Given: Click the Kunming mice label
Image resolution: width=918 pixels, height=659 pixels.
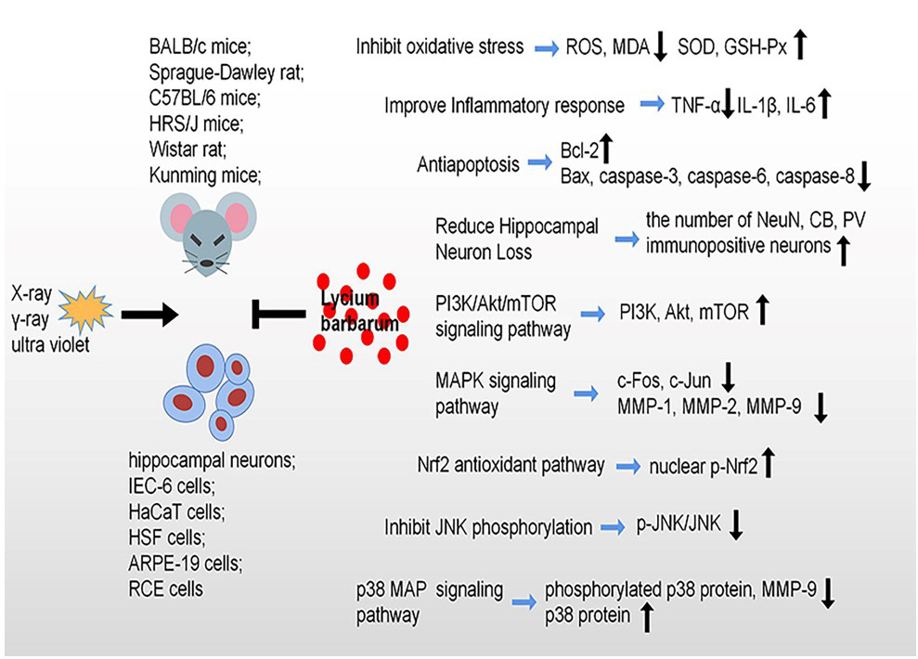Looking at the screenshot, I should click(204, 173).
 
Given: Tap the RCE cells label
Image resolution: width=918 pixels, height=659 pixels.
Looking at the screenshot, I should click(166, 588).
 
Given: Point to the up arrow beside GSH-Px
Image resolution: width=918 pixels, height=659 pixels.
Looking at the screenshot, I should click(803, 44).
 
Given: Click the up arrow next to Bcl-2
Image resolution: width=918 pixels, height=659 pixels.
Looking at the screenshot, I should click(609, 147).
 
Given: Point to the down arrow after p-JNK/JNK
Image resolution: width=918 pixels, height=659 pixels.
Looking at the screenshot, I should click(737, 527).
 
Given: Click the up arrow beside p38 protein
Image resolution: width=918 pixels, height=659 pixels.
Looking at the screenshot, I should click(647, 616).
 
